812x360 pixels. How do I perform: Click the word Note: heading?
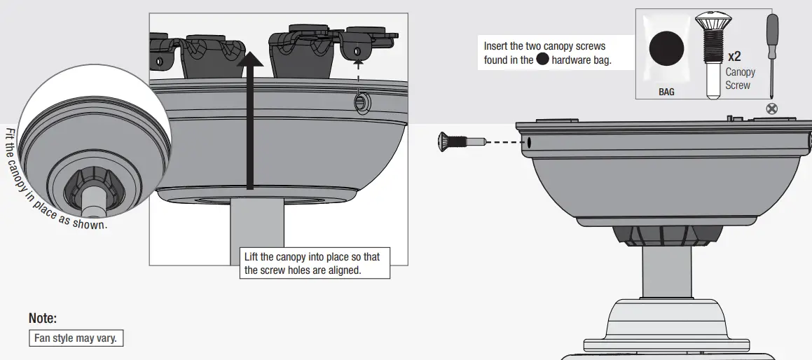[42, 318]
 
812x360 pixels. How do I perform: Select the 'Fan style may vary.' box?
[76, 338]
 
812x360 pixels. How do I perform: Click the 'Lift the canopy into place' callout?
[312, 263]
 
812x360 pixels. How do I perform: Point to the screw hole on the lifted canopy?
[361, 102]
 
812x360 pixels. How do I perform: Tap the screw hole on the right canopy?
[528, 141]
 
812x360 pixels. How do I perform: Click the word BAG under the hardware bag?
[666, 92]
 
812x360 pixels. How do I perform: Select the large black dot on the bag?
[666, 50]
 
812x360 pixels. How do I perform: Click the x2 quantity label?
[734, 56]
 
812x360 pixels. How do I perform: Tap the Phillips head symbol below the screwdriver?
[772, 108]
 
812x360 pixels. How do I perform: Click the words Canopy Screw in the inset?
[740, 78]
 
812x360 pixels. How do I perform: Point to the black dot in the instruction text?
[542, 60]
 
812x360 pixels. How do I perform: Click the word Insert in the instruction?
[496, 46]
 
